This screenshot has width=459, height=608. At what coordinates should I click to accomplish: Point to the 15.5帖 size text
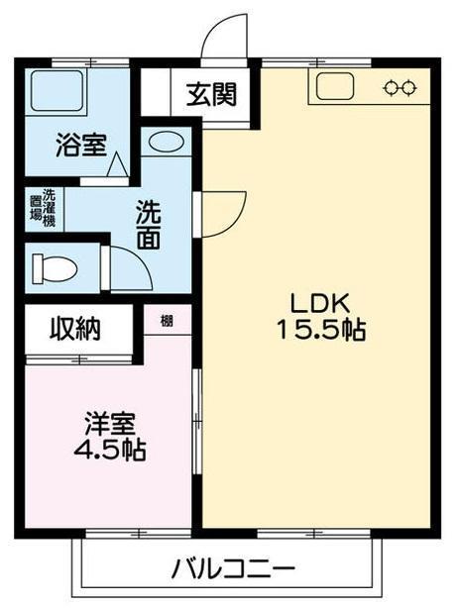(318, 332)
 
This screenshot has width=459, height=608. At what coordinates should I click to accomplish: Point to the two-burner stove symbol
(400, 87)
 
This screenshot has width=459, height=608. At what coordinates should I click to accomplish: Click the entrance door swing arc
(220, 38)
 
